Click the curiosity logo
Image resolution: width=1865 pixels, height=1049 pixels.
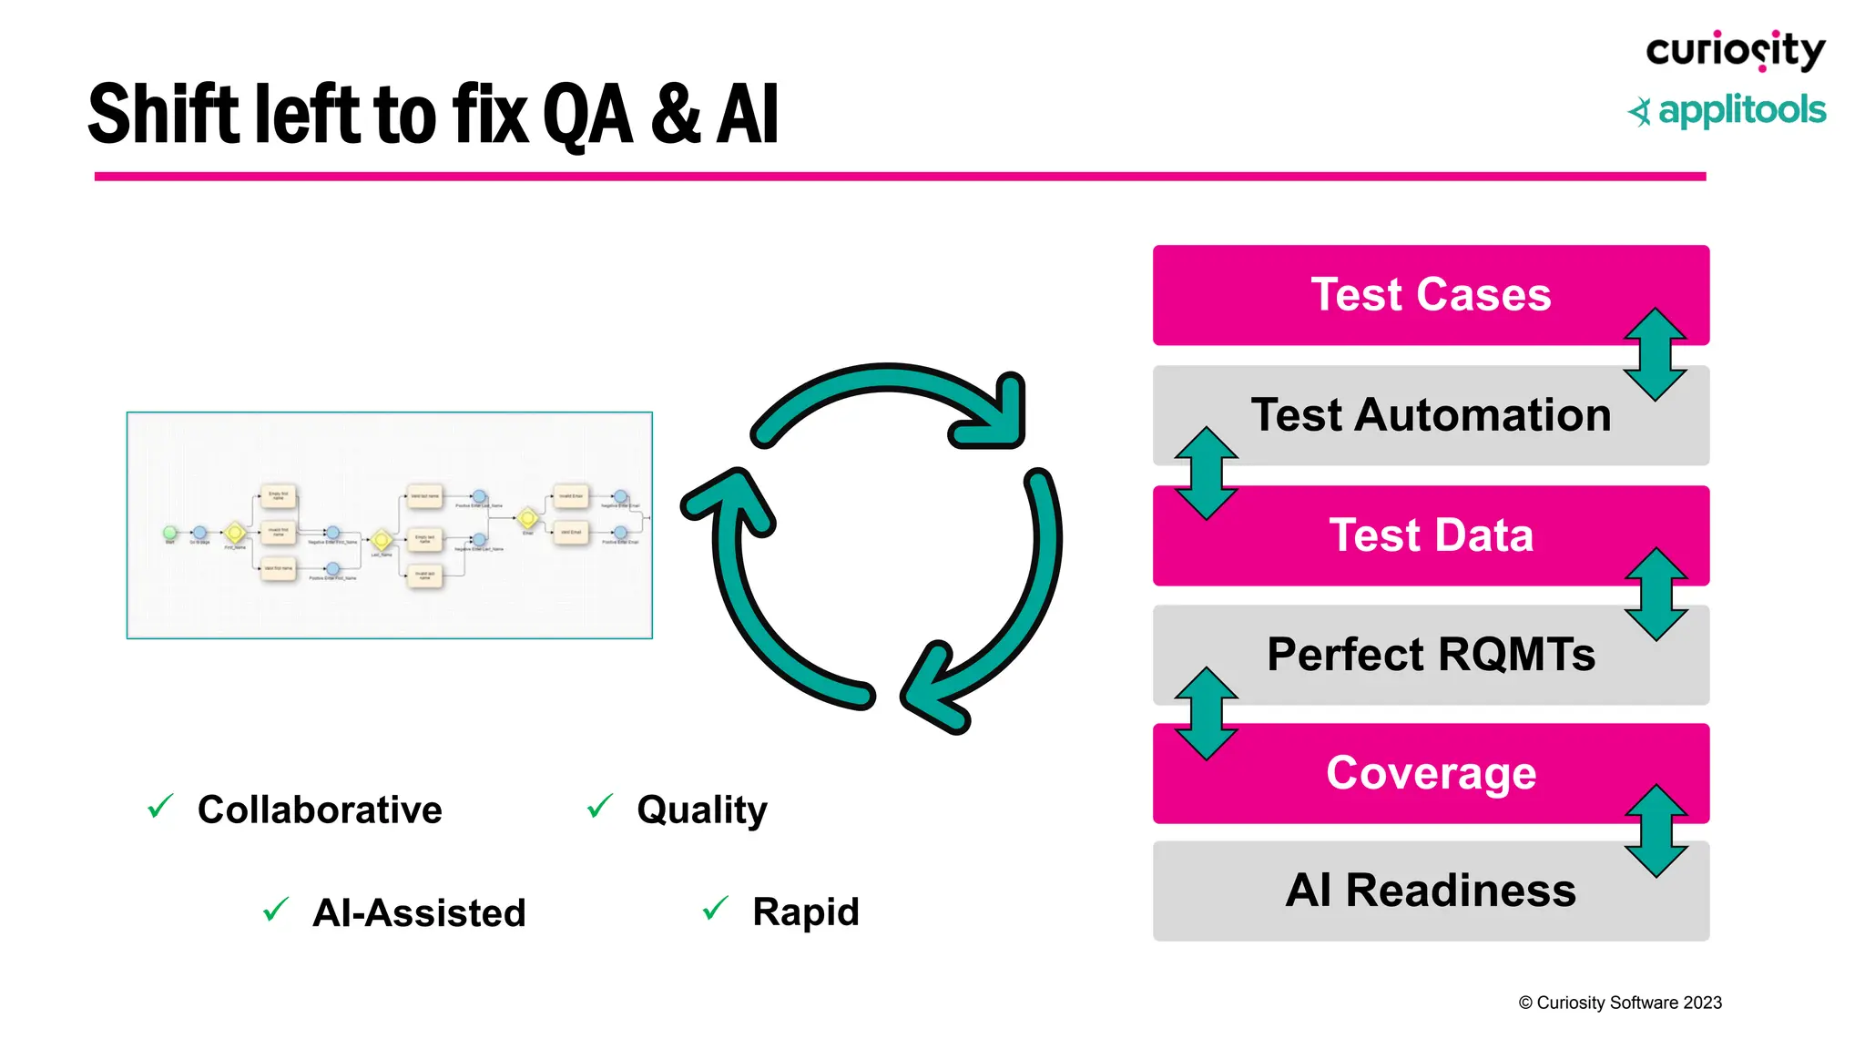(1735, 50)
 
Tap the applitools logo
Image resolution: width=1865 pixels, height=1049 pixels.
(1727, 111)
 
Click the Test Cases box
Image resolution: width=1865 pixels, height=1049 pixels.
(1430, 294)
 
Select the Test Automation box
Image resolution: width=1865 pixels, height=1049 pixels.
(1430, 415)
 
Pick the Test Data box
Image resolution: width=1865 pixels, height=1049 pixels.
(1430, 535)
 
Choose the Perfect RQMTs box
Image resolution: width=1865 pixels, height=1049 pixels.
(1430, 655)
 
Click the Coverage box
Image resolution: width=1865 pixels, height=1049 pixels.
(1430, 773)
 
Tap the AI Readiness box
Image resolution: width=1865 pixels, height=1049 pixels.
(1430, 891)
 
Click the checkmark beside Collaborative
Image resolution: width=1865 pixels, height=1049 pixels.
(160, 806)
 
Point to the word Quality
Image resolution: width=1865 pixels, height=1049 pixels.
(701, 810)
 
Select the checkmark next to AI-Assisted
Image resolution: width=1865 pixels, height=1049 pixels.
(275, 909)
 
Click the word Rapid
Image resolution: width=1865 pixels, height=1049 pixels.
(805, 912)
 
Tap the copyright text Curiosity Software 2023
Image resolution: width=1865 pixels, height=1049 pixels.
(1620, 1003)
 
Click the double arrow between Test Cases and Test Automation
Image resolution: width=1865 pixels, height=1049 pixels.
(1656, 354)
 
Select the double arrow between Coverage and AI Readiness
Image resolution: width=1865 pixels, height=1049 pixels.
(1656, 830)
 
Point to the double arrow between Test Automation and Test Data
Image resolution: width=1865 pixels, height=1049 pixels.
(1206, 473)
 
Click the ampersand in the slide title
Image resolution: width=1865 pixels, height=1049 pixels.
(675, 115)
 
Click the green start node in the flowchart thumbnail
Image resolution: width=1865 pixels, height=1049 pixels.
(169, 532)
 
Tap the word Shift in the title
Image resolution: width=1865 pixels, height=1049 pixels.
(165, 115)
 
